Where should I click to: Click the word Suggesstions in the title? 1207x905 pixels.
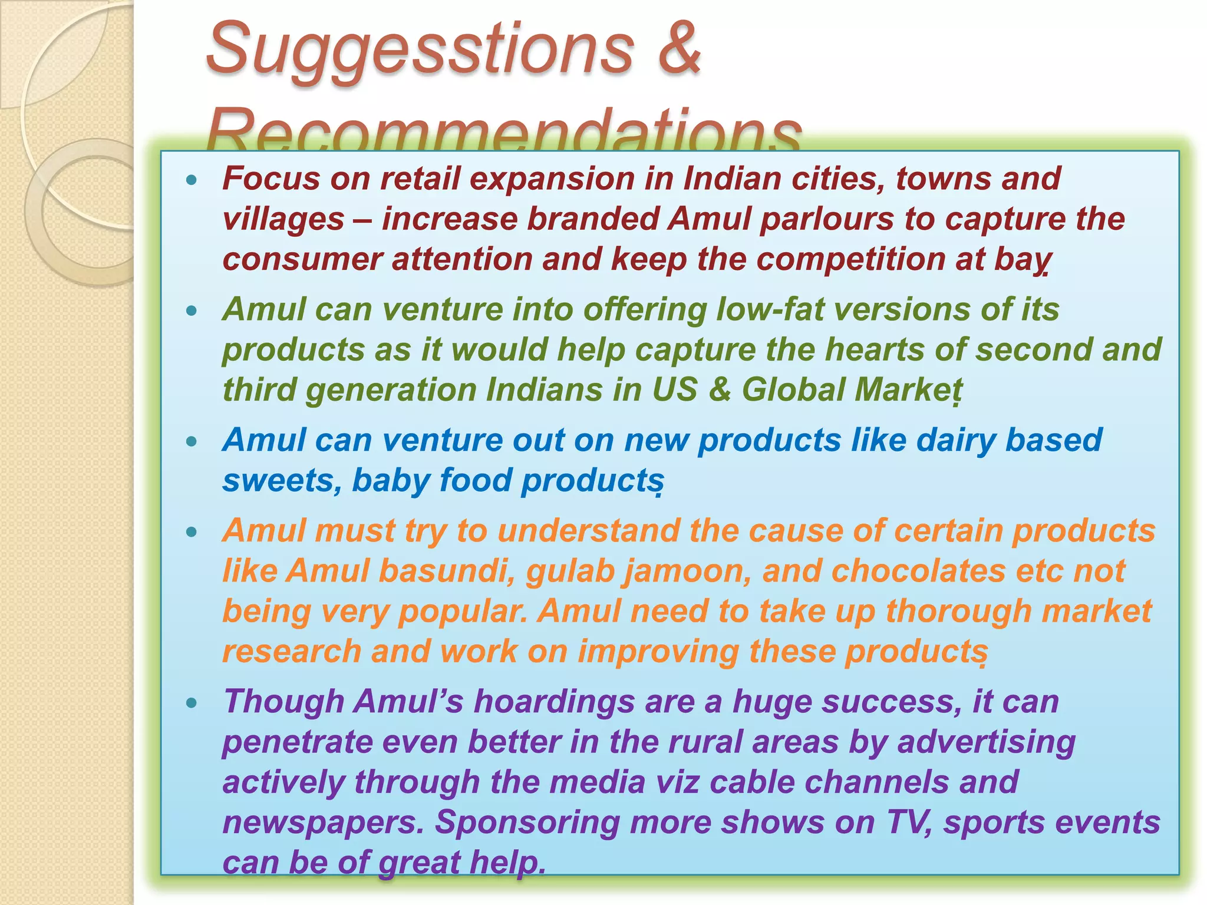[x=420, y=50]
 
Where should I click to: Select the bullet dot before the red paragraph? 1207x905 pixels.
[x=191, y=180]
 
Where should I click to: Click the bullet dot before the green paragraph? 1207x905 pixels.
[x=191, y=311]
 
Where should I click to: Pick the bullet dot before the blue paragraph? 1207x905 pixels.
[x=191, y=441]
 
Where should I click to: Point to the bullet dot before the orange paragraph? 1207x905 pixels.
[x=191, y=532]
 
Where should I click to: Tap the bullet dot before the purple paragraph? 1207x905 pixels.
[x=191, y=702]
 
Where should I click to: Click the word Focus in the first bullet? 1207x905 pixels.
[x=271, y=179]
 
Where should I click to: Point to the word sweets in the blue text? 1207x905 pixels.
[x=282, y=481]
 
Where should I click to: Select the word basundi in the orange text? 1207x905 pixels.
[x=447, y=571]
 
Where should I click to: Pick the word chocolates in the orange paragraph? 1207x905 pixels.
[x=918, y=571]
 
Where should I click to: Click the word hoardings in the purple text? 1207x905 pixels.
[x=554, y=702]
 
